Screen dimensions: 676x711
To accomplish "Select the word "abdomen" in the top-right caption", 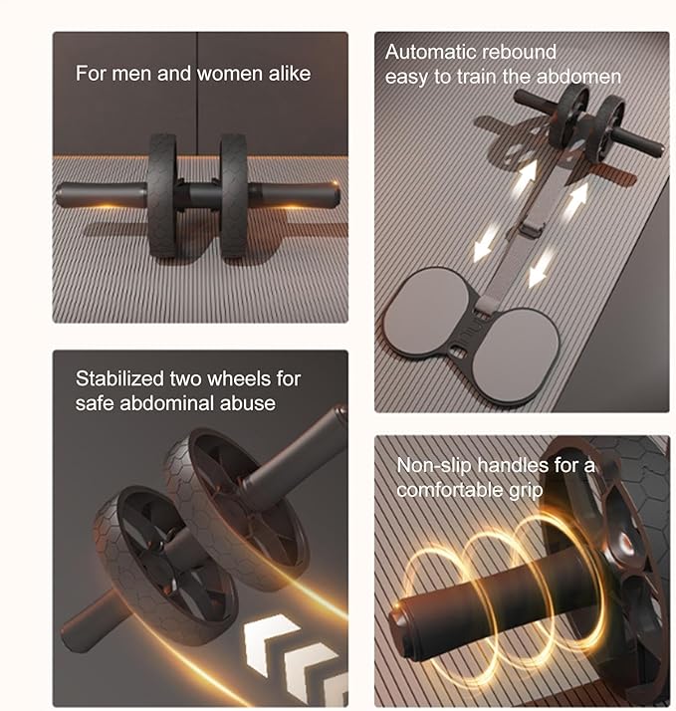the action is [578, 76].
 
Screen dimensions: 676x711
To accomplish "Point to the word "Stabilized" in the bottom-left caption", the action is [119, 378].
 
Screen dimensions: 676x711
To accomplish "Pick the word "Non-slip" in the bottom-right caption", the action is [434, 465].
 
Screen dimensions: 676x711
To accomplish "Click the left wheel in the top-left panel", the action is [161, 196].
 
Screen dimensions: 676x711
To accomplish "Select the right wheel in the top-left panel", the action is [234, 196].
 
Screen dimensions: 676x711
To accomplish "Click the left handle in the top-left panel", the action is [102, 195].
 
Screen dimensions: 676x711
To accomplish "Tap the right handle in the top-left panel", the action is [294, 195].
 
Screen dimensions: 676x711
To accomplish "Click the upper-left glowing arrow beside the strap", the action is [526, 177].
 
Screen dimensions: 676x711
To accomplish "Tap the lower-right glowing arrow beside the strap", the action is [541, 269].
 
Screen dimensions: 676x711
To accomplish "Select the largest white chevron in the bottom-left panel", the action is [271, 643].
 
